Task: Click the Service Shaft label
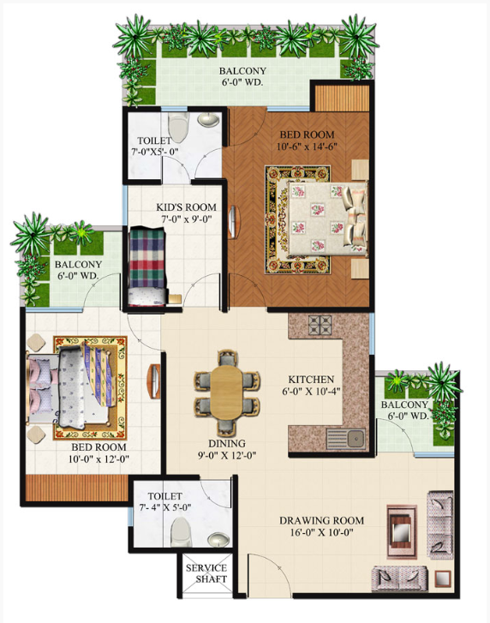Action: (206, 573)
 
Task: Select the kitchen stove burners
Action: (320, 326)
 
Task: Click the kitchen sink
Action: (346, 439)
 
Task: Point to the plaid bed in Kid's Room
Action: (147, 267)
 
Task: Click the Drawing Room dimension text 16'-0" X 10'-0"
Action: (321, 532)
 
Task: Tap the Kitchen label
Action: (311, 380)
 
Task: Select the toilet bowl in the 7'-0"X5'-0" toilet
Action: (178, 126)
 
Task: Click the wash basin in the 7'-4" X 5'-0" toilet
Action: (218, 541)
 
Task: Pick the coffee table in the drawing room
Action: (403, 530)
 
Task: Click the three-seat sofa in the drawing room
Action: (440, 524)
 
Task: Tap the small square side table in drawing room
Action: (443, 578)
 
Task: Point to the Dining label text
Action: (227, 443)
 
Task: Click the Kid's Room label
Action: (186, 207)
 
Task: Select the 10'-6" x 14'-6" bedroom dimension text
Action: (307, 147)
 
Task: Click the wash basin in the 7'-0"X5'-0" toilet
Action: (209, 119)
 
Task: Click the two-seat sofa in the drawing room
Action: (399, 578)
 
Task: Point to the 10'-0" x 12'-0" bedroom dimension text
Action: (99, 459)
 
